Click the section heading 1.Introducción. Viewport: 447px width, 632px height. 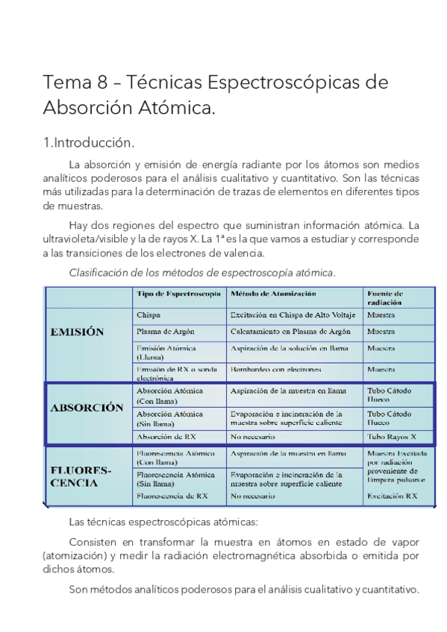click(89, 142)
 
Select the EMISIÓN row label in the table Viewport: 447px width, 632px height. click(77, 332)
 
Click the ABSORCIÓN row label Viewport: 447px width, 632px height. click(87, 408)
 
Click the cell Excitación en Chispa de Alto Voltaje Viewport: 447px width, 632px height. click(291, 315)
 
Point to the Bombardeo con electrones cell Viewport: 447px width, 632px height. click(276, 369)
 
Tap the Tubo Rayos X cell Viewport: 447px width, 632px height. click(392, 437)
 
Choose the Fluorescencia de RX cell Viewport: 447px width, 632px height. click(172, 495)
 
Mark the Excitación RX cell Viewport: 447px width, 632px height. click(391, 495)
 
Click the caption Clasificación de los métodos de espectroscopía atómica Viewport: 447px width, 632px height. click(202, 273)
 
